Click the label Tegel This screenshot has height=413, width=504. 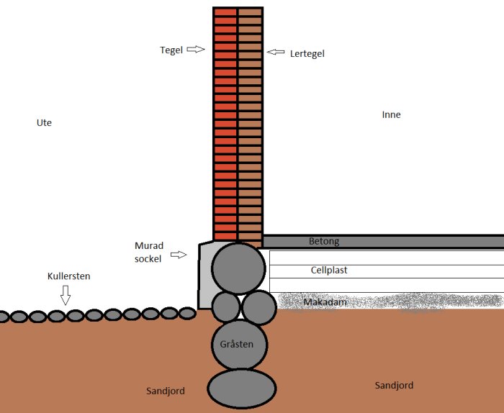coord(171,50)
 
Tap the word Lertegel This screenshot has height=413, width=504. coord(307,54)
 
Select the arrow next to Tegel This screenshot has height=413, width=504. coord(195,49)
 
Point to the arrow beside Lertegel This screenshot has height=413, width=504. coord(276,52)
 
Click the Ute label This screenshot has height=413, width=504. coord(44,123)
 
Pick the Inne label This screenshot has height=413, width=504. coord(391,114)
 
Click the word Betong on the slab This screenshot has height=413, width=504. coord(324,241)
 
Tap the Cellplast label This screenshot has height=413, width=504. coord(329,270)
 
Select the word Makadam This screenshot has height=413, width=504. coord(325,302)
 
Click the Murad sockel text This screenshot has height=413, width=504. coord(149,253)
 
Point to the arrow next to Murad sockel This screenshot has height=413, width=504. coord(179,255)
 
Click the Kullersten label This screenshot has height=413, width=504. coord(69,276)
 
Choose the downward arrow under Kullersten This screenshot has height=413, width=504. coord(66,295)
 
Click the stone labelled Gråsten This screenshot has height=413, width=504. coord(240,345)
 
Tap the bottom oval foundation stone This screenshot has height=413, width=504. coord(242,389)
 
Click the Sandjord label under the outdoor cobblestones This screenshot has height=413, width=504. coord(166,391)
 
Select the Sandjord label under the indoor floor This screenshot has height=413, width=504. coord(394,386)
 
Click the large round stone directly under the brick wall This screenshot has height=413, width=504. coord(238,268)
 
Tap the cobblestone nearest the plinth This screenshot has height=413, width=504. coord(187,314)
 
